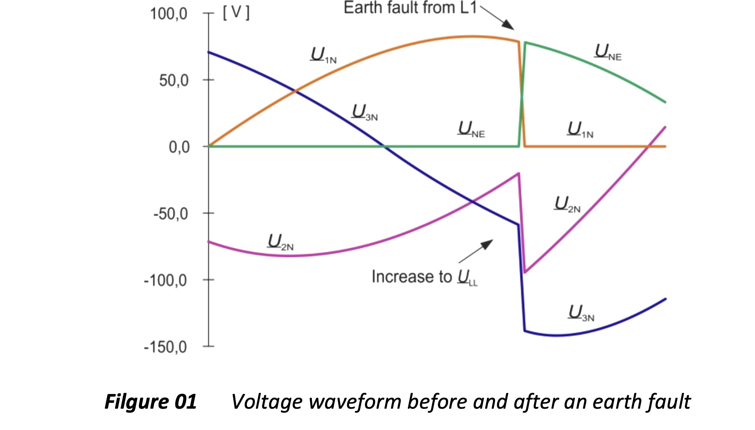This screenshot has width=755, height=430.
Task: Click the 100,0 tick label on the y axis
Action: click(x=169, y=14)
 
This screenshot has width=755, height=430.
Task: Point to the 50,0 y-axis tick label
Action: click(x=174, y=80)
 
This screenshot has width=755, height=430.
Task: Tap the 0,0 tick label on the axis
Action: click(x=179, y=147)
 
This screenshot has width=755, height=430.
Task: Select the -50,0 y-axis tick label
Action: click(x=171, y=214)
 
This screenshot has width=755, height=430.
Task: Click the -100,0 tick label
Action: click(x=165, y=280)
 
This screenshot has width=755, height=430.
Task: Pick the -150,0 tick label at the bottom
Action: click(x=165, y=347)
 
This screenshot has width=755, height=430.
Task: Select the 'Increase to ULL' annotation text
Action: click(x=424, y=277)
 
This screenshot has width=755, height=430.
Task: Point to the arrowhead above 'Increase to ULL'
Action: click(x=487, y=244)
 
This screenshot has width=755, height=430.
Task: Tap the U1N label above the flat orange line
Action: click(x=580, y=130)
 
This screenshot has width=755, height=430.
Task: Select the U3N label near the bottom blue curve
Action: click(x=581, y=313)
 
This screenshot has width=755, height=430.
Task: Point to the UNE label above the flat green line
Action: click(x=471, y=129)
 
